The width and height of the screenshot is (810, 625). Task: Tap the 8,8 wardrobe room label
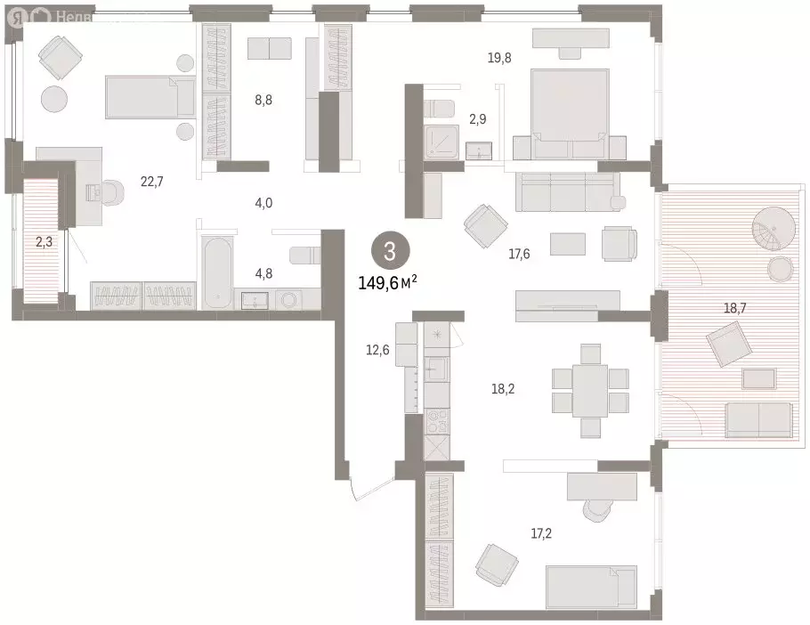263,100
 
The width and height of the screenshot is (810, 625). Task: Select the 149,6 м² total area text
387,283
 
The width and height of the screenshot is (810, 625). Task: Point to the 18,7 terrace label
734,308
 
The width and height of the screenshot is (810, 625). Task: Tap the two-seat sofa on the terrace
758,418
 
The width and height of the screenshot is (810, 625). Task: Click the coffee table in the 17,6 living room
568,243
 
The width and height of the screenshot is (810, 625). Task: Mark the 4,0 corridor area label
263,203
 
